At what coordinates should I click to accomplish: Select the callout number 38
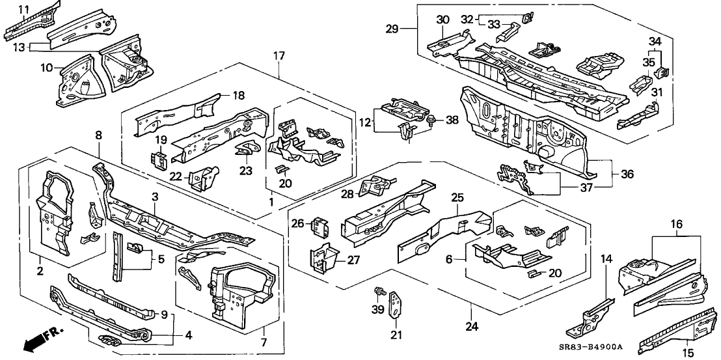click(x=452, y=120)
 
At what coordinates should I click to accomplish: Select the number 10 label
click(x=47, y=68)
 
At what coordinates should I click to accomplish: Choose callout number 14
click(x=606, y=258)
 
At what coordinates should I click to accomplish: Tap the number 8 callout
click(x=98, y=135)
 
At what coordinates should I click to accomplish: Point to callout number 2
click(x=40, y=270)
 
